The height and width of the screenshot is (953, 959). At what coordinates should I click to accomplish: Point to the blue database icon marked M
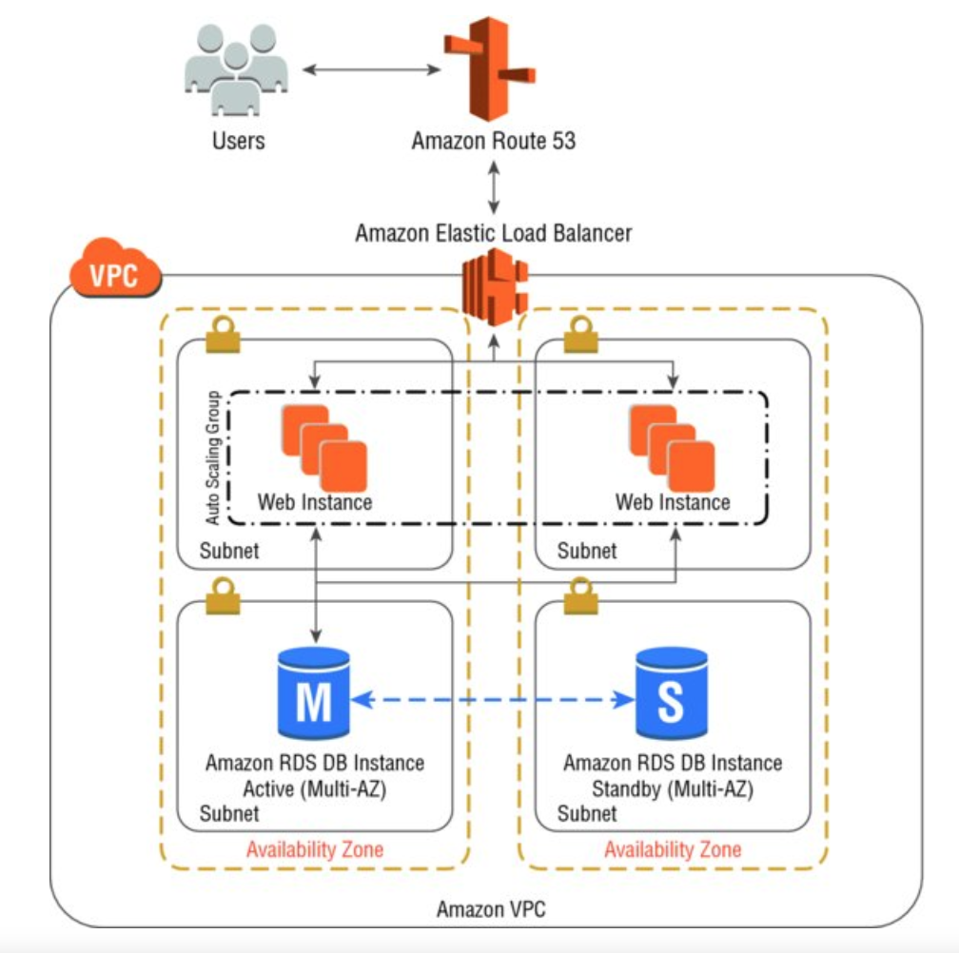(x=313, y=696)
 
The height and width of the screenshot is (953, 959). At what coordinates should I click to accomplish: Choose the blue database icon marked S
(x=671, y=696)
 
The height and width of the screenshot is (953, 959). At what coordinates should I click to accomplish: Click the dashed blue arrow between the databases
(x=493, y=700)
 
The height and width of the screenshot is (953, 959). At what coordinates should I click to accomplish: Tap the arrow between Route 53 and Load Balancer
(x=494, y=187)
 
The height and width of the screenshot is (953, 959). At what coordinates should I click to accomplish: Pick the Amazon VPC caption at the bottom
(x=491, y=909)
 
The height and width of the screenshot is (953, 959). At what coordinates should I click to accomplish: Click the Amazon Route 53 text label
(x=494, y=141)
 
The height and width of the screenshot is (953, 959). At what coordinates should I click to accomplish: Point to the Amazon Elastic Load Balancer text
(x=493, y=232)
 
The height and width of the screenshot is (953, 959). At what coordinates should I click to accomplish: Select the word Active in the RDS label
(x=269, y=788)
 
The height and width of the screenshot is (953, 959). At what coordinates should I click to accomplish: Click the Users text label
(x=238, y=141)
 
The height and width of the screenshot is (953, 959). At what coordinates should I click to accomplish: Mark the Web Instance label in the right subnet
(x=673, y=501)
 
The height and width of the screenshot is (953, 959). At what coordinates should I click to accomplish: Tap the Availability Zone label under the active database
(x=315, y=849)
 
